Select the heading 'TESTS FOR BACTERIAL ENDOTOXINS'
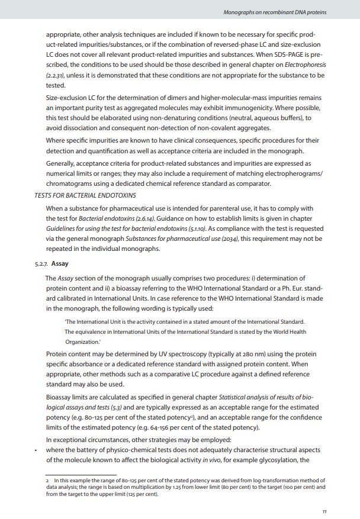[x=85, y=195]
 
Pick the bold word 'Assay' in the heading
[x=60, y=264]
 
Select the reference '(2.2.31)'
[x=56, y=76]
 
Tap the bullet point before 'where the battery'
[x=36, y=450]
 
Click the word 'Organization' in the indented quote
[x=82, y=343]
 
